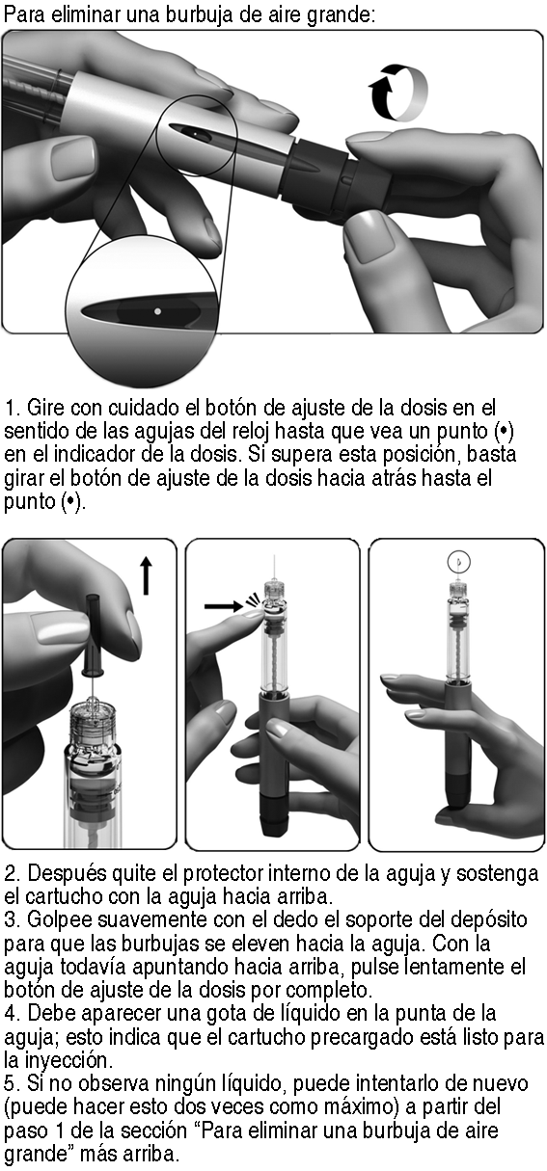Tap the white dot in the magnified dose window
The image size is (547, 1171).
[157, 311]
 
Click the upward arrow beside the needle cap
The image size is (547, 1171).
[147, 575]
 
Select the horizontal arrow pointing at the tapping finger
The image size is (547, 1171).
[224, 606]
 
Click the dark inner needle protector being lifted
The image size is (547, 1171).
[94, 635]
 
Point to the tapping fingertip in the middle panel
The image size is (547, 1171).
[253, 613]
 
